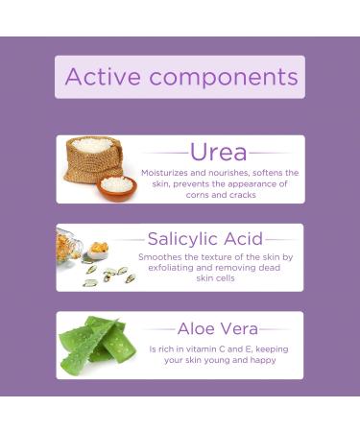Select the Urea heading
pyautogui.click(x=218, y=152)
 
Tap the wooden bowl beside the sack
pyautogui.click(x=117, y=185)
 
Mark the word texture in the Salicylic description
pyautogui.click(x=217, y=257)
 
